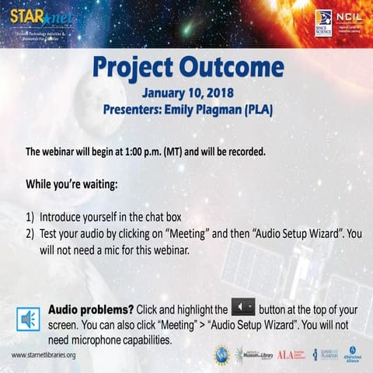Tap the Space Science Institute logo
pos(322,23)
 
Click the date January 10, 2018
pos(186,93)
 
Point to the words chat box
pos(160,219)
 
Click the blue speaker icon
pos(29,319)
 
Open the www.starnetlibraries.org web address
pos(44,355)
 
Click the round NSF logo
pos(221,354)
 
